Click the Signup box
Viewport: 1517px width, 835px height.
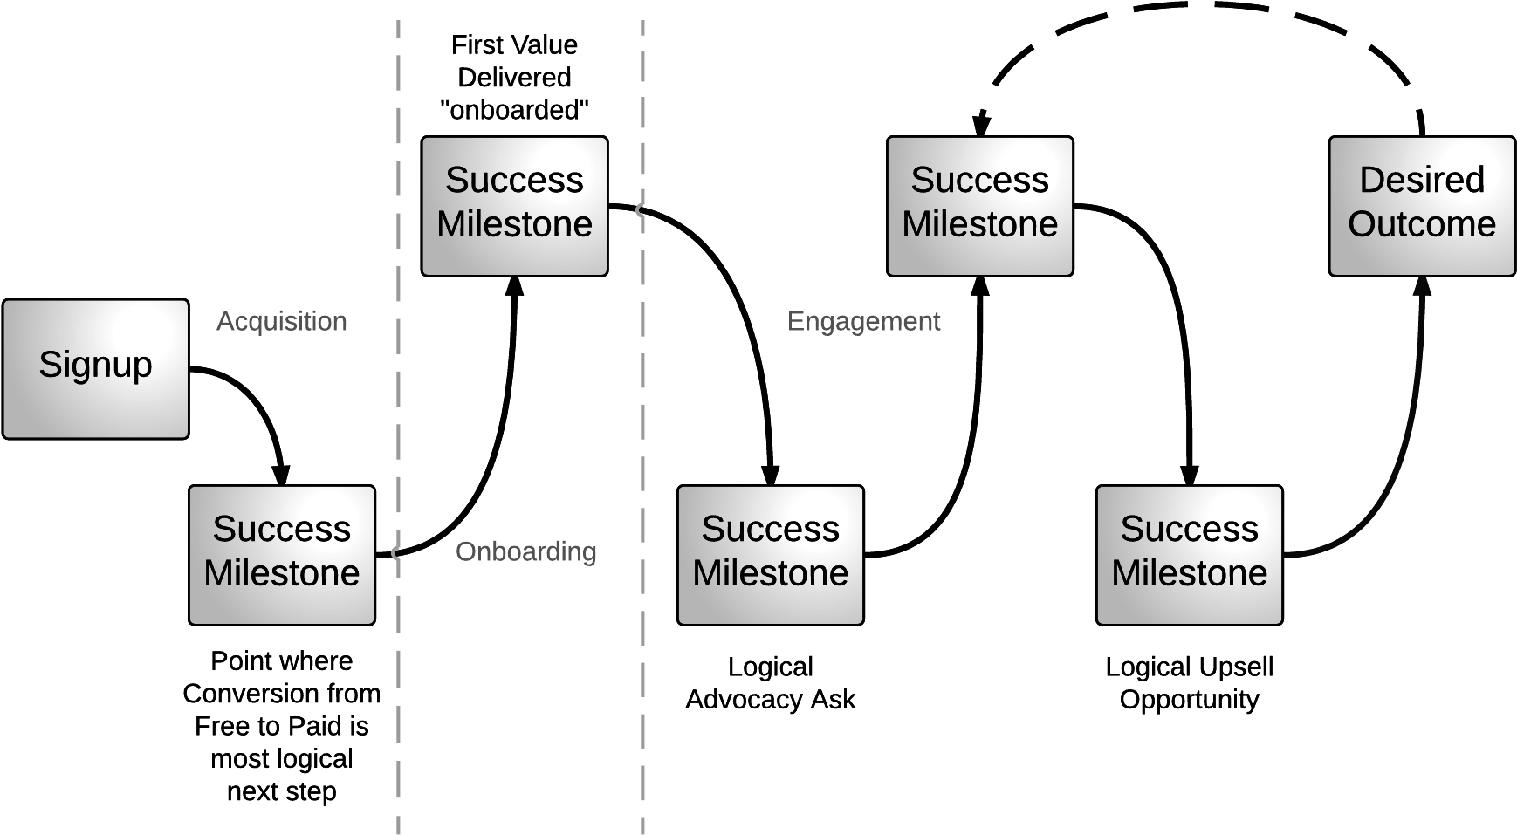pos(95,368)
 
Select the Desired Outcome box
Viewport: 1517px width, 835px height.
pos(1421,206)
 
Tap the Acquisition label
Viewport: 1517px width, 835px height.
pos(281,321)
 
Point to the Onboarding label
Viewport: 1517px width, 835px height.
pos(525,551)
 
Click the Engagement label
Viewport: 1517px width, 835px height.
pos(863,321)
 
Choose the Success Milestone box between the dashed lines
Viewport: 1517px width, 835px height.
pos(514,206)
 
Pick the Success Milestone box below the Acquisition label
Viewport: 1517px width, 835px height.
pos(281,555)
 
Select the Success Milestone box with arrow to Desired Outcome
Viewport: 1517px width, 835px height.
pos(1189,555)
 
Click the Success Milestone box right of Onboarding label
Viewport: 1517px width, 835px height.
pos(770,555)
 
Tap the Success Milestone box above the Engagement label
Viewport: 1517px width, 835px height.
pos(979,206)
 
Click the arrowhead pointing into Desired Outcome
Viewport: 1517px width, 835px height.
pos(1422,286)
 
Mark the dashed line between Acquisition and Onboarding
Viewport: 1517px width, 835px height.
pos(398,419)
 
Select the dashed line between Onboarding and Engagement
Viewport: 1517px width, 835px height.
pos(642,419)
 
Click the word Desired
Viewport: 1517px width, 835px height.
pos(1421,180)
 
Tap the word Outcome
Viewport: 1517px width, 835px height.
pos(1421,224)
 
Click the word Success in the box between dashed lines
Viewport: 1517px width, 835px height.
pos(514,180)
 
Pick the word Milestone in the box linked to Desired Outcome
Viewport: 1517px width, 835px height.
pos(1189,573)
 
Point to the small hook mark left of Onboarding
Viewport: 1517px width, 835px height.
pos(395,552)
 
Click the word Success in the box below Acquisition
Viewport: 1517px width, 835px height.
pos(281,529)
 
